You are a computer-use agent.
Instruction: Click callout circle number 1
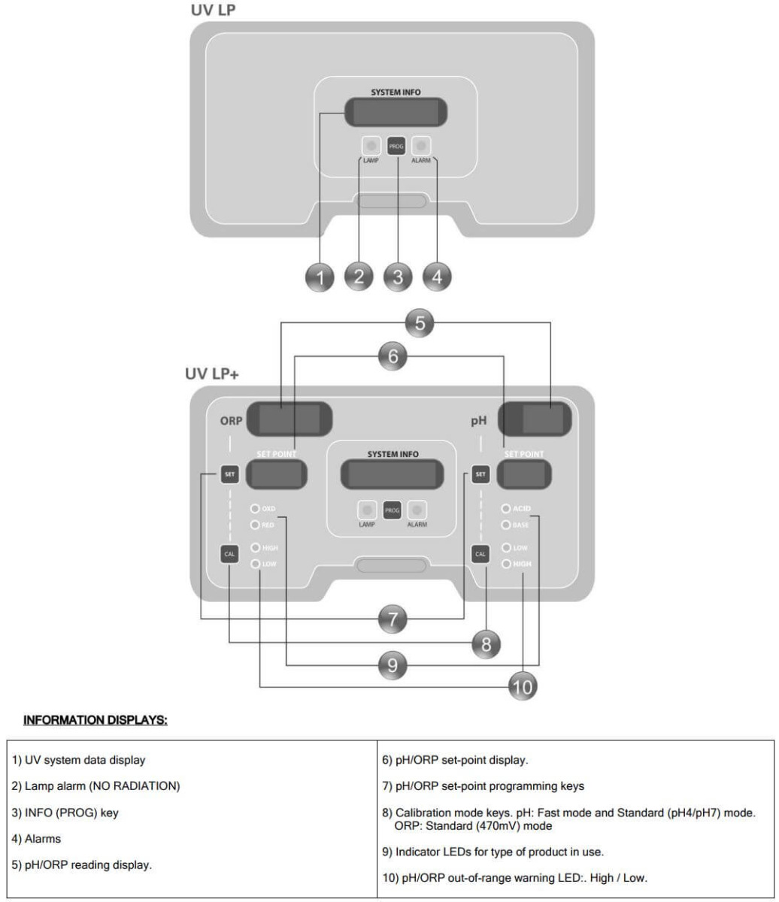(x=321, y=277)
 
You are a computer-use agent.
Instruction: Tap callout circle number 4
(x=437, y=277)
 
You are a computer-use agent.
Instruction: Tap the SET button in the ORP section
(x=229, y=474)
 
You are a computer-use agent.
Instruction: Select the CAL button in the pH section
(x=480, y=554)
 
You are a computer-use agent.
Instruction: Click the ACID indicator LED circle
(x=507, y=509)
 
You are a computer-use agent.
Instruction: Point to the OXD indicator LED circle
(x=256, y=509)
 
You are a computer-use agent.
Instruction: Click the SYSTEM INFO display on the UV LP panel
(x=396, y=113)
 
